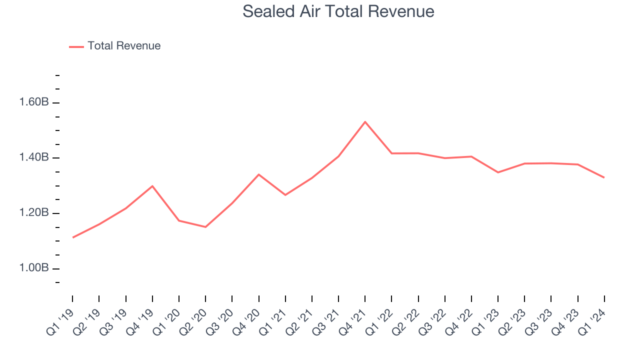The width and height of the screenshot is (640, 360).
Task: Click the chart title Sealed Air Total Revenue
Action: (338, 11)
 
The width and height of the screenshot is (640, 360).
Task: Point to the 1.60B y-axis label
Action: (33, 102)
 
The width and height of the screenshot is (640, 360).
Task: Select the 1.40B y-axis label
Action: (33, 158)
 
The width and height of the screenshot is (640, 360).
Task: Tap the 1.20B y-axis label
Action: (33, 213)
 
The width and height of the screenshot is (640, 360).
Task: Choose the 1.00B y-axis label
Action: (33, 268)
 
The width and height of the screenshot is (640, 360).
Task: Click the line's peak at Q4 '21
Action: (365, 121)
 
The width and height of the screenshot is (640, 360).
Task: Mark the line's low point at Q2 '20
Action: (205, 227)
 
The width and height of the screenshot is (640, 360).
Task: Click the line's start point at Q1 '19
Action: (73, 237)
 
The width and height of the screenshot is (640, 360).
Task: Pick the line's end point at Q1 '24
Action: (604, 177)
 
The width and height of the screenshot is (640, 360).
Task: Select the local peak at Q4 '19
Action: (152, 186)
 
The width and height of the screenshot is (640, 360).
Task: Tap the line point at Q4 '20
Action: (258, 174)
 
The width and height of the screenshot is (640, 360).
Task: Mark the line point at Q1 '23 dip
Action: (497, 172)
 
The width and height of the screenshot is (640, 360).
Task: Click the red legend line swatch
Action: (76, 46)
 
